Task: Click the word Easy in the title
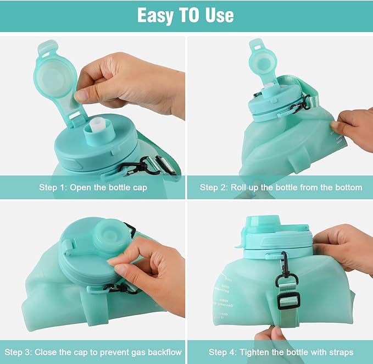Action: [157, 15]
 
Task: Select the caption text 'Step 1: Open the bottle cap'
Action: [93, 187]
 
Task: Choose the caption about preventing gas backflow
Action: [93, 352]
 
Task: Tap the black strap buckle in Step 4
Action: [288, 300]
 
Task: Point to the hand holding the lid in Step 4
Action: [346, 245]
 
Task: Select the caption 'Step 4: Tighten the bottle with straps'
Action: [281, 352]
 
